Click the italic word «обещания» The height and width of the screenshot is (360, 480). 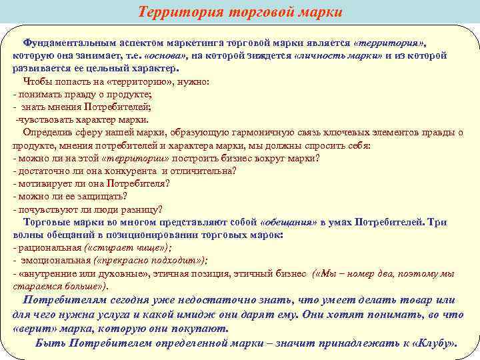(x=288, y=222)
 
